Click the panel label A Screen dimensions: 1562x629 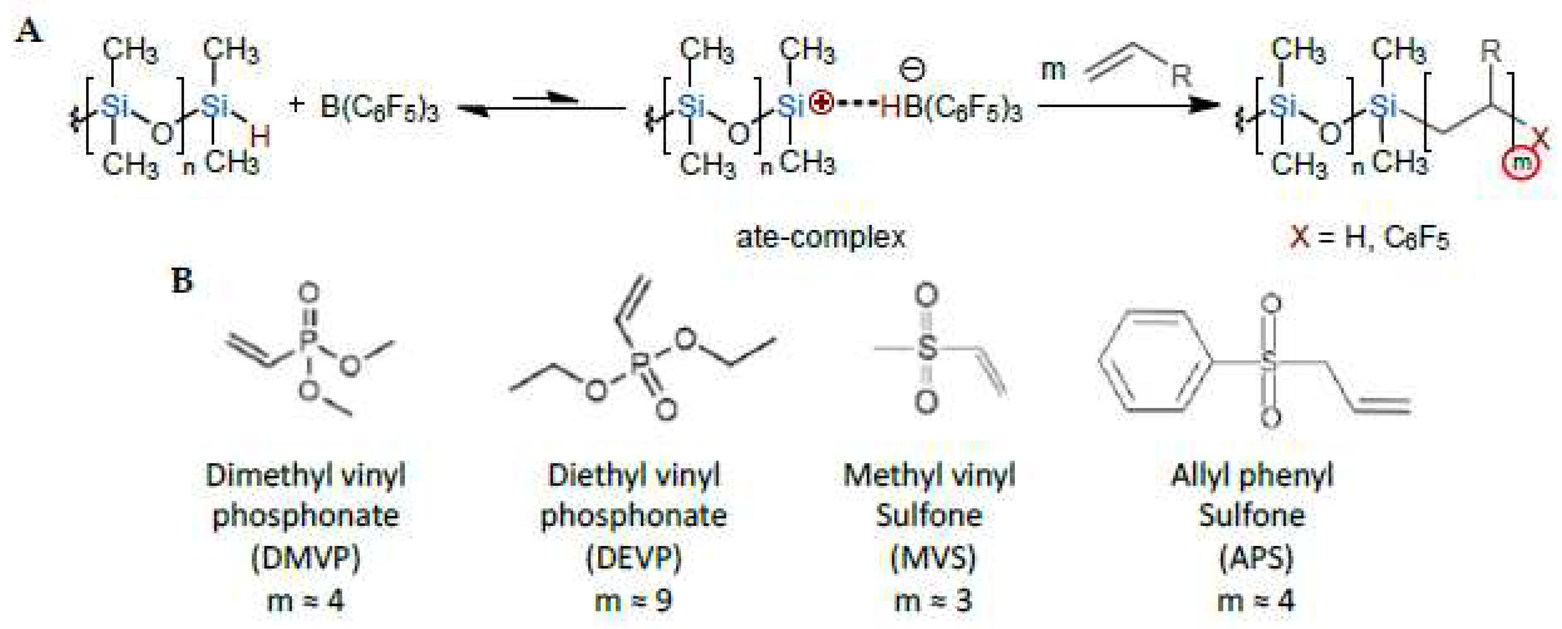(x=29, y=30)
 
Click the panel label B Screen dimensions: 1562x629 (x=182, y=280)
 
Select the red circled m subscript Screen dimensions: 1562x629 (x=1521, y=162)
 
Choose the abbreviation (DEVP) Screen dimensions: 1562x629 (x=633, y=557)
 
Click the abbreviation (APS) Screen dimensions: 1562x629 (x=1256, y=557)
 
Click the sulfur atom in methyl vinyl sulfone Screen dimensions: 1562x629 (x=926, y=348)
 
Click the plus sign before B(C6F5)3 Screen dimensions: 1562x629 (x=296, y=105)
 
